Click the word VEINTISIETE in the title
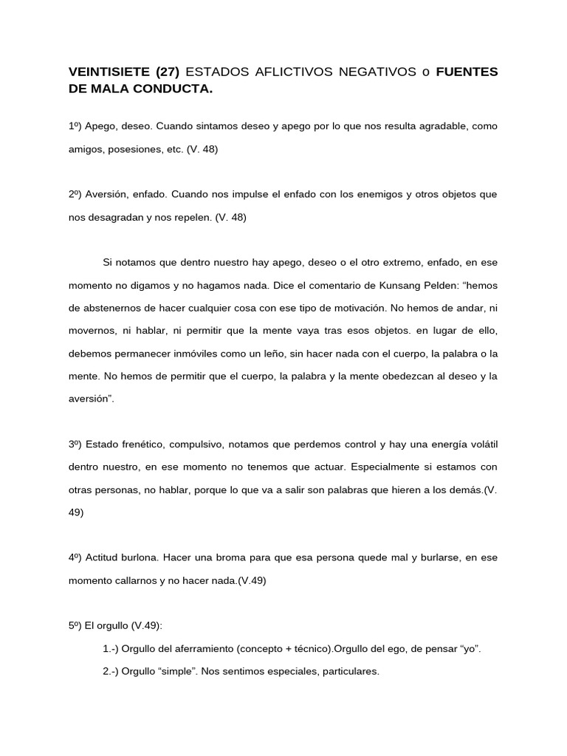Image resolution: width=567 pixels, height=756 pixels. coord(109,72)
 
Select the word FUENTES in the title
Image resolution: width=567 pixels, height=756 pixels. coord(467,72)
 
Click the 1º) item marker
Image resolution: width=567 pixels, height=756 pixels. coord(75,126)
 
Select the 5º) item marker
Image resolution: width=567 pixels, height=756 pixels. coord(75,625)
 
